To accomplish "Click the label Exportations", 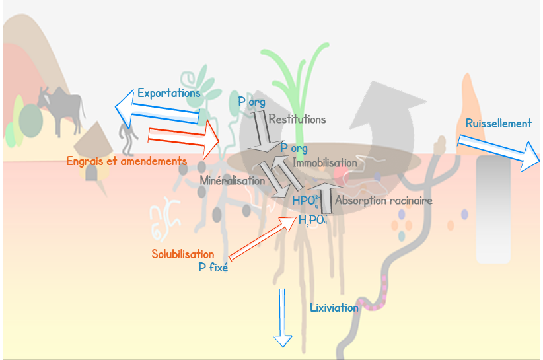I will click(168, 94).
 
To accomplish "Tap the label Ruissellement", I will click(498, 124).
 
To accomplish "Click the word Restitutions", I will click(297, 120).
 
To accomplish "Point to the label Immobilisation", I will click(324, 162).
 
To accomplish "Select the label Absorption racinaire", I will click(384, 199).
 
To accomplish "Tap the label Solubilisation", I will click(183, 254).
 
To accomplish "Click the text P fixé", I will click(213, 268).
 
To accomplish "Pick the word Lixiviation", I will click(334, 307).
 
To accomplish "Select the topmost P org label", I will click(251, 102).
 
